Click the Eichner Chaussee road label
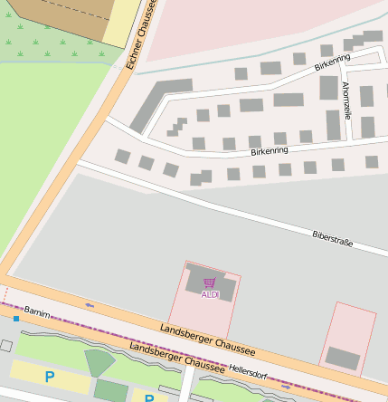[x=143, y=34]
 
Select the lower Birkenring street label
[x=269, y=150]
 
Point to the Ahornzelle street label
[x=346, y=100]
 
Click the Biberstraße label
[x=332, y=239]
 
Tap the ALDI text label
[x=210, y=294]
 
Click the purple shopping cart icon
[x=210, y=283]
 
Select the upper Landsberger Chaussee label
[x=208, y=340]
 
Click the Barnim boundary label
[x=37, y=311]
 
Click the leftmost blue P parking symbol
[x=50, y=376]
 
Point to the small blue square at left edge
[x=15, y=319]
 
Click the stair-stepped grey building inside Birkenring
[x=175, y=126]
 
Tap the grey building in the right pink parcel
[x=342, y=358]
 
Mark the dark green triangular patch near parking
[x=99, y=362]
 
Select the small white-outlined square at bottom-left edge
[x=5, y=346]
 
